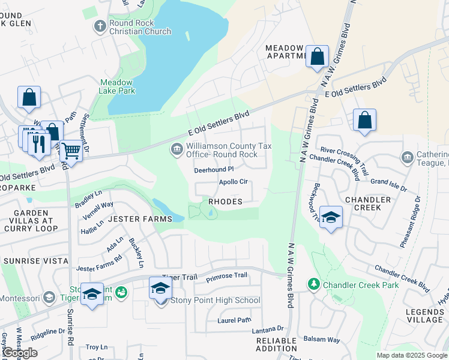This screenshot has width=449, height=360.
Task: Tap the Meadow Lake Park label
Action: point(117,86)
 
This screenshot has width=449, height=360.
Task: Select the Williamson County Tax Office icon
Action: point(176,149)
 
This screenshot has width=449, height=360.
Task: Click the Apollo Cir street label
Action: point(233,182)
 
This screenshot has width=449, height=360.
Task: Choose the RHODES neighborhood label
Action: point(225,202)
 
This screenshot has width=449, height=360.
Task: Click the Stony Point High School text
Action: point(215,300)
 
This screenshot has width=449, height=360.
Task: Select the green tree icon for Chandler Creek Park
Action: point(313,284)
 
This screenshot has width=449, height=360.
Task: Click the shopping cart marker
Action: point(71,150)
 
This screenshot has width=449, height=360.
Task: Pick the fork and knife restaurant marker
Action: point(38,144)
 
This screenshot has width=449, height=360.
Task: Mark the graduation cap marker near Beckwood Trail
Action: point(330,217)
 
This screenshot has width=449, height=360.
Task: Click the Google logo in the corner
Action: point(20,353)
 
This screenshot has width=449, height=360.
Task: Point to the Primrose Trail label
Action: point(226,275)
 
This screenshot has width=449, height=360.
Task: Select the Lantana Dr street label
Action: point(267,328)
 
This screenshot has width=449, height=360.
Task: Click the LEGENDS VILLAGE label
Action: point(424,316)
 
